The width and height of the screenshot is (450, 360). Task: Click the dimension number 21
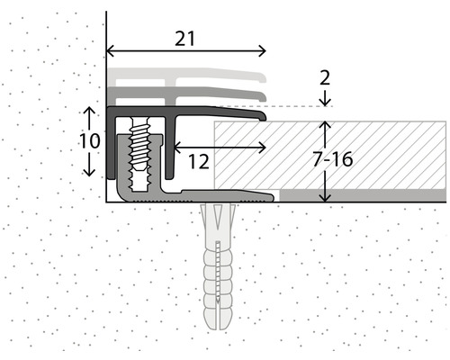point(184,39)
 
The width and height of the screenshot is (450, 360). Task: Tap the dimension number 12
point(198,162)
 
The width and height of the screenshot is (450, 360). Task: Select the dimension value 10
point(89,141)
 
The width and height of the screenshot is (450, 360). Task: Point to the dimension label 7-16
point(332,159)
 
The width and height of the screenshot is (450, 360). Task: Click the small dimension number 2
point(325,77)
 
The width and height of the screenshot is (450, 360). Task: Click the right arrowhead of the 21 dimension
point(262,51)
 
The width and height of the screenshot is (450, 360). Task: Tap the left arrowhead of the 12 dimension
point(177,148)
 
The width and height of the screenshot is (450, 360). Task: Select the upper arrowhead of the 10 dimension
point(89,111)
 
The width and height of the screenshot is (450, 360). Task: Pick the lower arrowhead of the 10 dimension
point(89,173)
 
